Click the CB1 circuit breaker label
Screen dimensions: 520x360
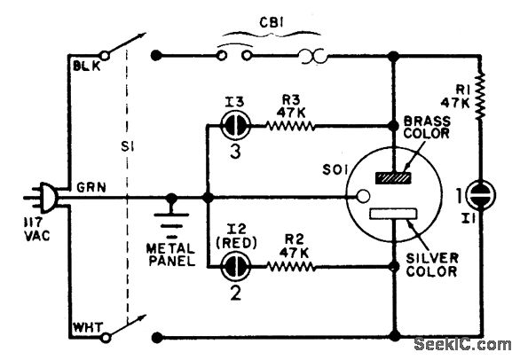click(x=272, y=23)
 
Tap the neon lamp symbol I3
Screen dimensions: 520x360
click(x=235, y=125)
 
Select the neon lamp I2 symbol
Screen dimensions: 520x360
click(x=236, y=266)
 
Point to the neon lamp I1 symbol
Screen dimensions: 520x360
click(x=480, y=196)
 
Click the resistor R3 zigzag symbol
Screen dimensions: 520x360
click(x=290, y=126)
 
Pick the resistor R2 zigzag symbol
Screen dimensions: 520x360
click(x=291, y=266)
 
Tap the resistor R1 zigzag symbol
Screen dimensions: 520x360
click(x=480, y=97)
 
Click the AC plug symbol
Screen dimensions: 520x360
click(x=43, y=198)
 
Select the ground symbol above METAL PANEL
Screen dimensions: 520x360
click(x=171, y=215)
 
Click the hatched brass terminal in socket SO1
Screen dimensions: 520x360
click(x=393, y=178)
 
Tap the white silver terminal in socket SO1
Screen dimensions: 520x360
click(x=393, y=214)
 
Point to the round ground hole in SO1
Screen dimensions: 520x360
click(x=363, y=196)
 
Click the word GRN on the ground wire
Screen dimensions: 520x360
click(x=91, y=188)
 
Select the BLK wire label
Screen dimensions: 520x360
click(x=87, y=66)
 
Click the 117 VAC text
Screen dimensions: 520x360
click(x=36, y=230)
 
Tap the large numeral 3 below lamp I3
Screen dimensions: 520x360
click(x=235, y=153)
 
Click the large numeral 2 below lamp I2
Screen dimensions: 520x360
click(x=236, y=293)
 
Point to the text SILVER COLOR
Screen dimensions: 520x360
click(x=432, y=264)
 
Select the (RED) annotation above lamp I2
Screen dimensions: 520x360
click(x=236, y=244)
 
